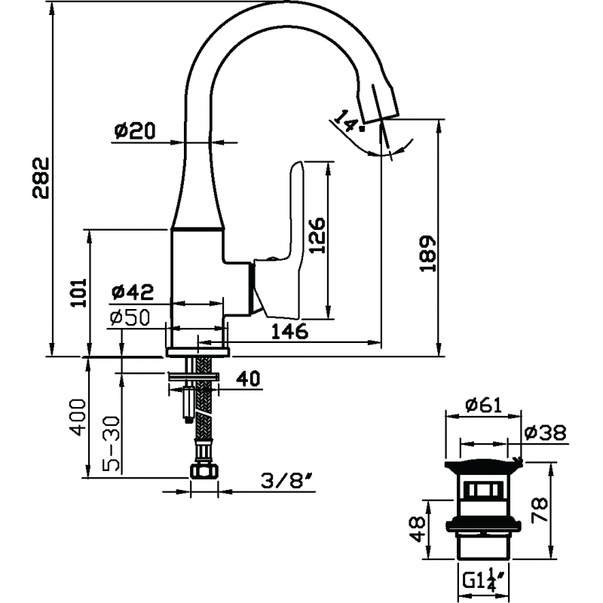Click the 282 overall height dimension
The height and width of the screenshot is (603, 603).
(x=41, y=177)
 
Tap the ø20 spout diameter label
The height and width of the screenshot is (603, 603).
(x=135, y=130)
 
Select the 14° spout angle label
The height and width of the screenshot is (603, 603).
(x=348, y=121)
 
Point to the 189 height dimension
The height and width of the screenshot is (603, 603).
(x=427, y=254)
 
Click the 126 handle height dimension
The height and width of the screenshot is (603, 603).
(x=317, y=235)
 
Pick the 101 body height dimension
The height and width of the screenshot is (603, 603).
(x=78, y=292)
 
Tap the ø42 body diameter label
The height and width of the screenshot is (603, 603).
(x=133, y=292)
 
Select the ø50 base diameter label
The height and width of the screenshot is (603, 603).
(x=130, y=317)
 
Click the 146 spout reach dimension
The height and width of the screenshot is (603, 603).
(x=289, y=331)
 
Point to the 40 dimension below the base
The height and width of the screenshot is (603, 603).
(x=248, y=378)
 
